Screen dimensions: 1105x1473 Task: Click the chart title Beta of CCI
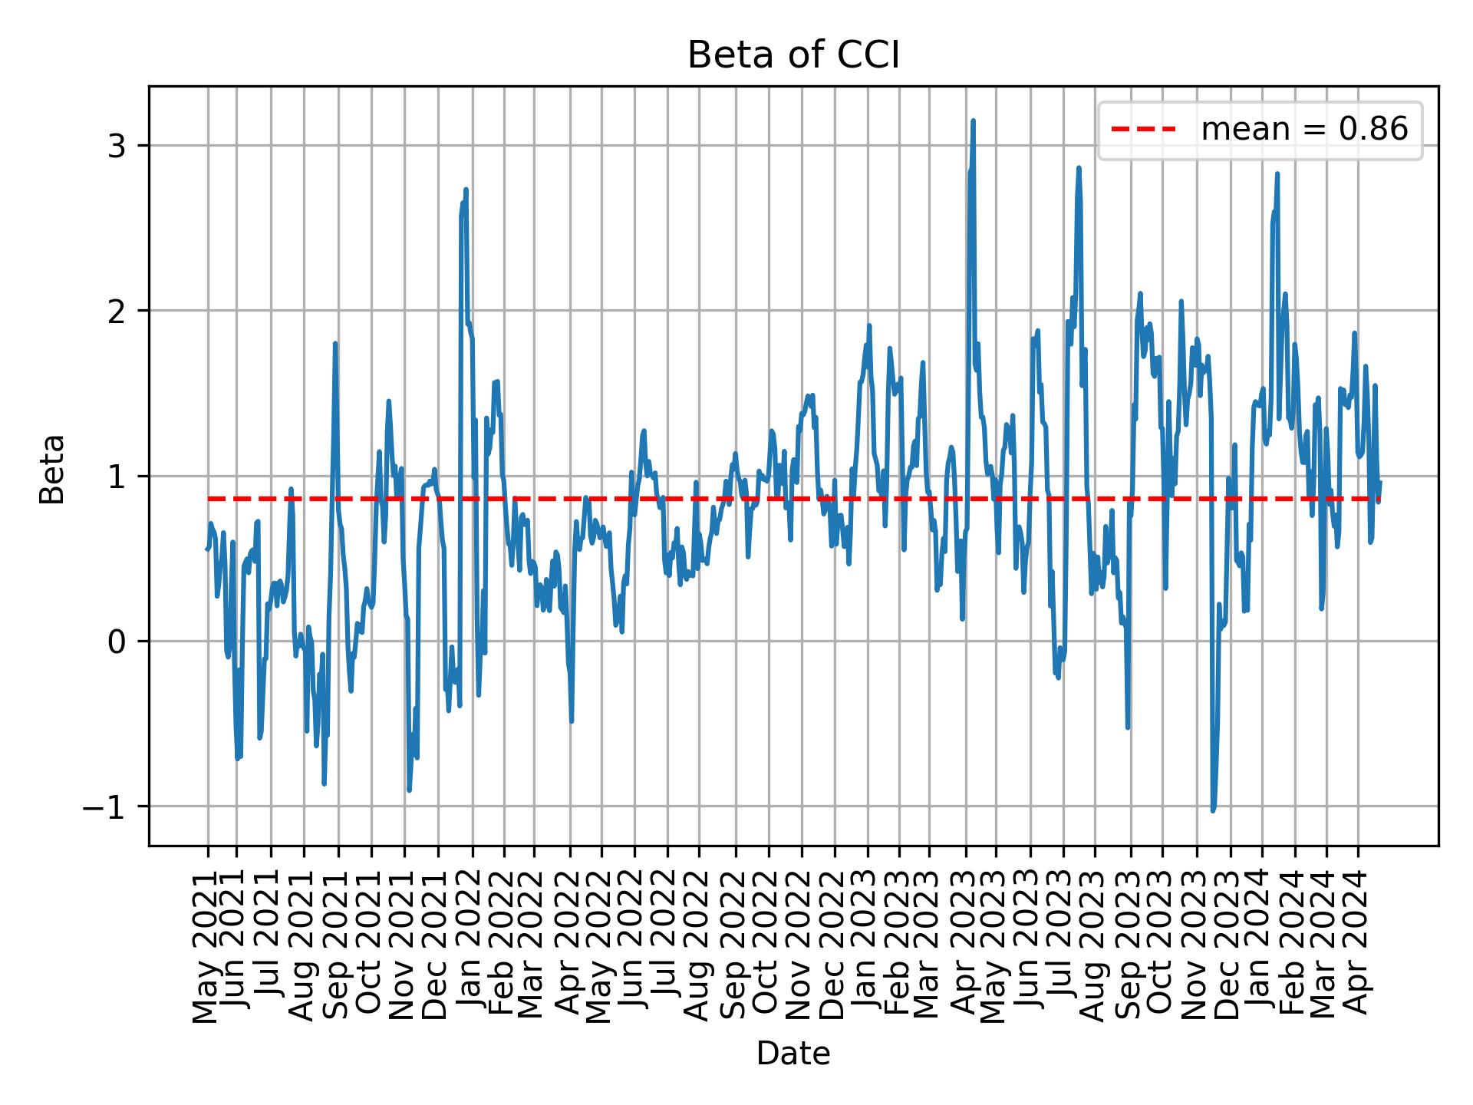point(793,56)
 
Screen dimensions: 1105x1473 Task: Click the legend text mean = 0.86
point(1304,130)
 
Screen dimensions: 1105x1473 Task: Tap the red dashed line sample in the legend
point(1143,130)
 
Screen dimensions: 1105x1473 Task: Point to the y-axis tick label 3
point(116,146)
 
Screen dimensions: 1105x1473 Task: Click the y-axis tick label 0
point(116,642)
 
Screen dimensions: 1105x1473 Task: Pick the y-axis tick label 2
point(116,311)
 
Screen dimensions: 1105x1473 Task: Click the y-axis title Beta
point(52,469)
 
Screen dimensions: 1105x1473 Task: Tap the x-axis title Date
point(793,1054)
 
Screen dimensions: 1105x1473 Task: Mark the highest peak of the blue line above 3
point(973,121)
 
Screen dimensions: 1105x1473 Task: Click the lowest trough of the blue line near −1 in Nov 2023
point(1212,810)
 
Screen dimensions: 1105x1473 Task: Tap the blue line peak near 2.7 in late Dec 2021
point(466,190)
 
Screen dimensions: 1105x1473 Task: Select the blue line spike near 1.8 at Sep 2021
point(335,344)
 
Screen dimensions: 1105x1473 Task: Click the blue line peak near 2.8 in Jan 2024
point(1277,174)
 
